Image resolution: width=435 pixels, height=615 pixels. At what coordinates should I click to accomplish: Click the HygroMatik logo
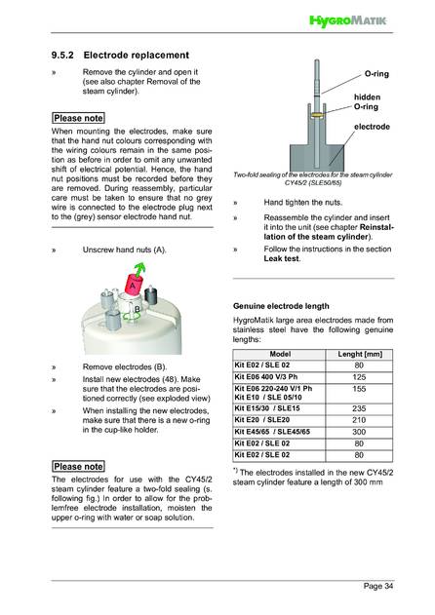348,20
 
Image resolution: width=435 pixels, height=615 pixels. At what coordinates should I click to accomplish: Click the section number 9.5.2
62,55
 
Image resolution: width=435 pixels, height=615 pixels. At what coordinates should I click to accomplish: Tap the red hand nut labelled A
135,285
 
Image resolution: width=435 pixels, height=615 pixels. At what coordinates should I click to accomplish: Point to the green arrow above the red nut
138,269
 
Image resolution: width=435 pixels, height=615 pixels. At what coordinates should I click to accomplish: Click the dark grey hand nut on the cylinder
151,295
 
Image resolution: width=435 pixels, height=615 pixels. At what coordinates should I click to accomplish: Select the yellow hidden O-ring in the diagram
317,115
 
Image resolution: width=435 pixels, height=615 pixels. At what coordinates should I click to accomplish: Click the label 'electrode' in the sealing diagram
372,127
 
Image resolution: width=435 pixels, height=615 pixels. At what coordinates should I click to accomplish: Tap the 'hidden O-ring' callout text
367,102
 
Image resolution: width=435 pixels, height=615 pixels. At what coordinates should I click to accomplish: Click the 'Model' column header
280,354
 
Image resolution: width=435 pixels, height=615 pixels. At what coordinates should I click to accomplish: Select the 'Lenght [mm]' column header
360,354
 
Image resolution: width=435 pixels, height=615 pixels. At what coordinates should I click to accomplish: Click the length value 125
359,377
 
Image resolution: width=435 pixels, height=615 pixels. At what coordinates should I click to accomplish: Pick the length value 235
359,408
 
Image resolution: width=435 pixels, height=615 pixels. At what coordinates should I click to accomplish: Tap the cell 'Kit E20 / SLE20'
261,420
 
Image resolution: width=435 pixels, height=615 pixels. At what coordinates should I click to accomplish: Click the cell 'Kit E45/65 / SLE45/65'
272,432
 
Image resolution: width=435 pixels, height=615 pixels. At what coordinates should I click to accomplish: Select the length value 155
359,389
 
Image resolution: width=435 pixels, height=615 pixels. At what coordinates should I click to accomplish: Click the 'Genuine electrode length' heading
281,306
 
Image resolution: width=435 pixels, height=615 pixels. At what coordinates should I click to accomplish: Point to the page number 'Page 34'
378,586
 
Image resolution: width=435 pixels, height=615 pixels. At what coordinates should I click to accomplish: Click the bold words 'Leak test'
282,258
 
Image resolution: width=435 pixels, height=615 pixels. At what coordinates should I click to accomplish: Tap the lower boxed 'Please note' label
79,466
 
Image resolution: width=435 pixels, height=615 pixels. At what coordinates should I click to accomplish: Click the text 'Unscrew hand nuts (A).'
125,250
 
